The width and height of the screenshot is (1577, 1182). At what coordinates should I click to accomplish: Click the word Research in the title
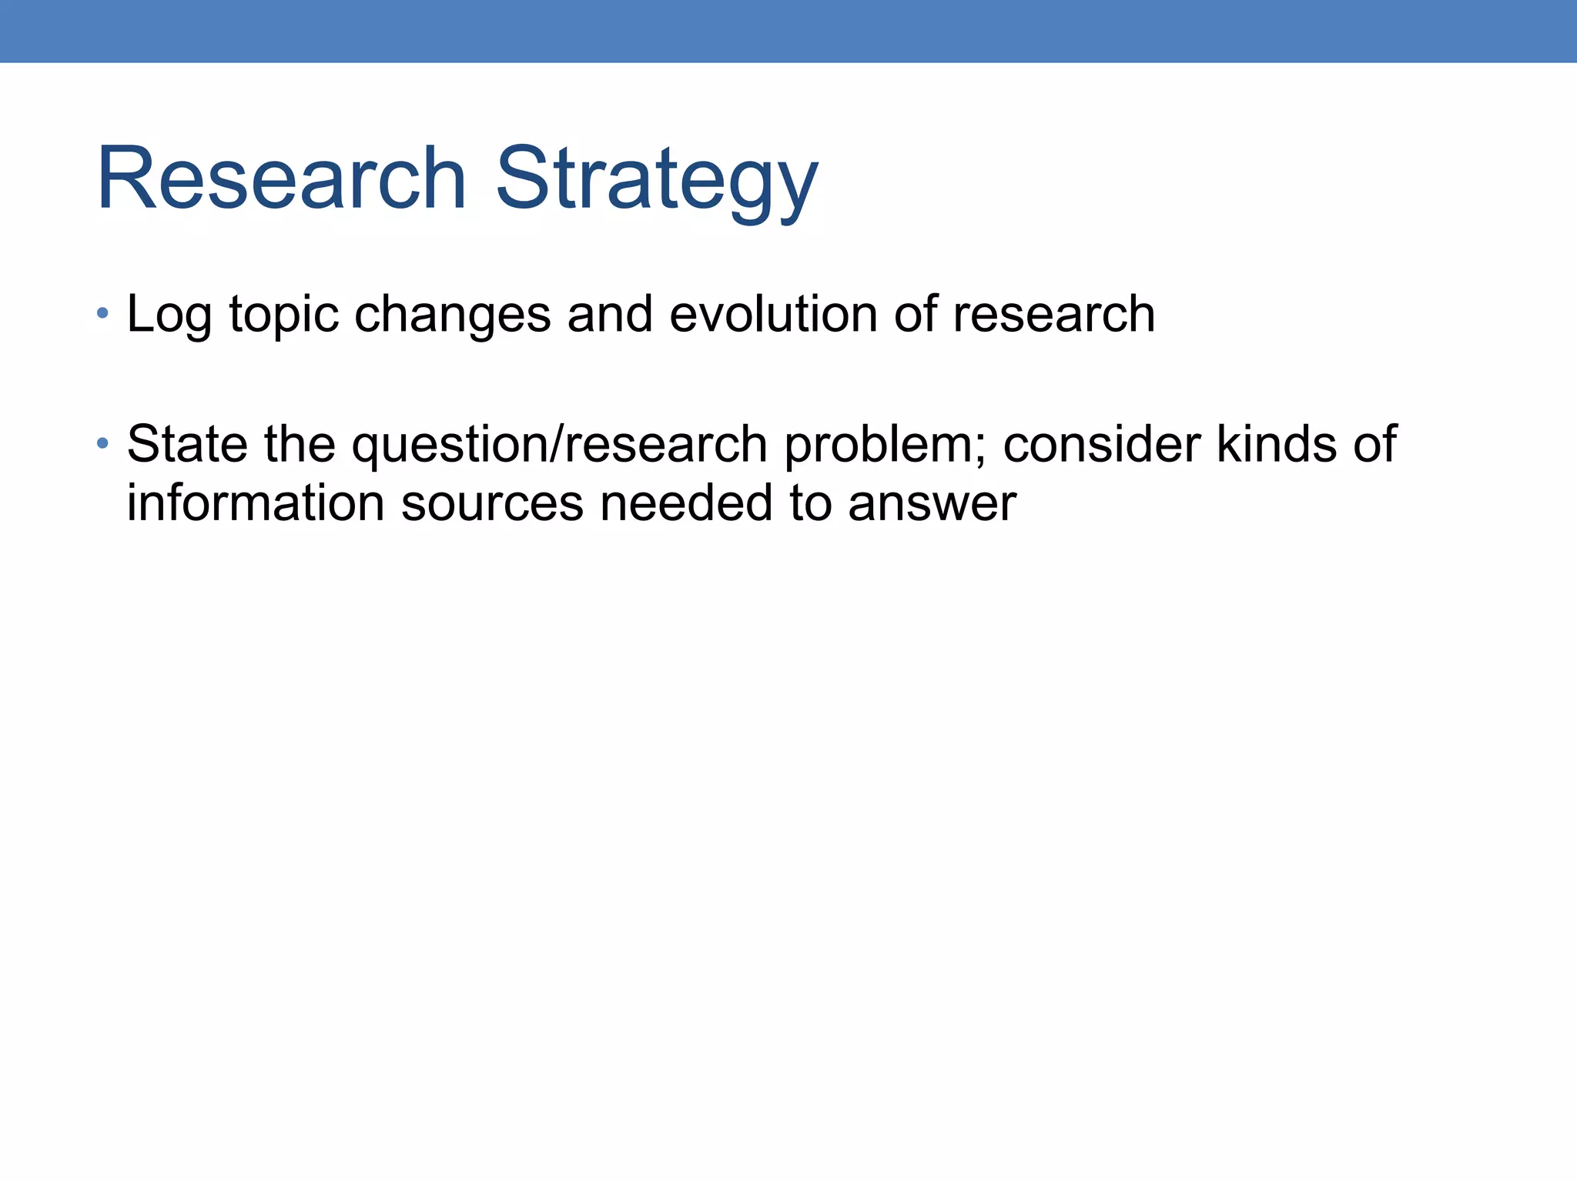pyautogui.click(x=282, y=179)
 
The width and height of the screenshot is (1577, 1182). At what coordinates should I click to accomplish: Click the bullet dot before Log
pyautogui.click(x=102, y=313)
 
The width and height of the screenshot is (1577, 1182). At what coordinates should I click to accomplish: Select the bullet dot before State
pyautogui.click(x=102, y=443)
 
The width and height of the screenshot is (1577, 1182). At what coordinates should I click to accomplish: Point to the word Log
pyautogui.click(x=169, y=316)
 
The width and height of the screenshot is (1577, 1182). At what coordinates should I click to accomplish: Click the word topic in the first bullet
pyautogui.click(x=284, y=316)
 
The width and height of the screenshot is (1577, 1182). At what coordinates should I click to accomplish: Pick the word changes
pyautogui.click(x=453, y=316)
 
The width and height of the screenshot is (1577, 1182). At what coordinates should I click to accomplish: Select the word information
pyautogui.click(x=256, y=503)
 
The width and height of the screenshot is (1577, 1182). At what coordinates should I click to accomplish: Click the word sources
pyautogui.click(x=493, y=505)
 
